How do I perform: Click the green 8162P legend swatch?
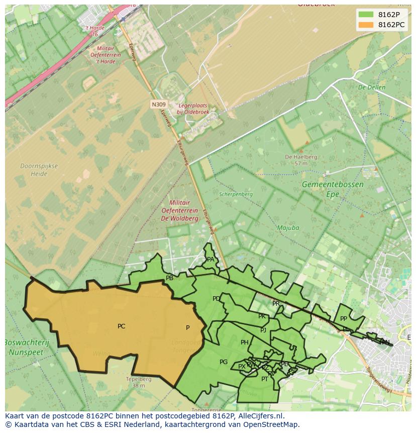(366, 15)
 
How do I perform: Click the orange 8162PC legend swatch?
(366, 25)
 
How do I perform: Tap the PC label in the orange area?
(121, 326)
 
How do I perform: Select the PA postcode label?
(211, 259)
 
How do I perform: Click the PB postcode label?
(169, 278)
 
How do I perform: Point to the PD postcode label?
(216, 299)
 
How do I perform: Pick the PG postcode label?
(224, 362)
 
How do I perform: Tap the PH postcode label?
(244, 342)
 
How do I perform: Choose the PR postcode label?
(276, 304)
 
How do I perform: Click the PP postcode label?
(344, 319)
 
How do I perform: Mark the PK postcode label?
(262, 316)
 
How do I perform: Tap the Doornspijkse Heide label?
(39, 170)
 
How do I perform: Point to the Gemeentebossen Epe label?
(333, 189)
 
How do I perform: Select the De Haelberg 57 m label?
(301, 160)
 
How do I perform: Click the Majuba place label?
(288, 228)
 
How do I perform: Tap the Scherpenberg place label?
(236, 194)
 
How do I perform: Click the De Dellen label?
(371, 88)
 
